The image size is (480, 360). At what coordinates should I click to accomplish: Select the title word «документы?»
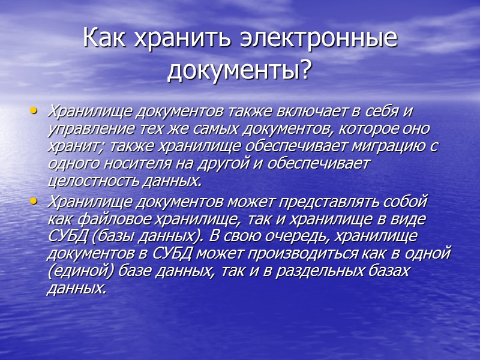pyautogui.click(x=239, y=71)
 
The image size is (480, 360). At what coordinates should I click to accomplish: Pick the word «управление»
pyautogui.click(x=86, y=129)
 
